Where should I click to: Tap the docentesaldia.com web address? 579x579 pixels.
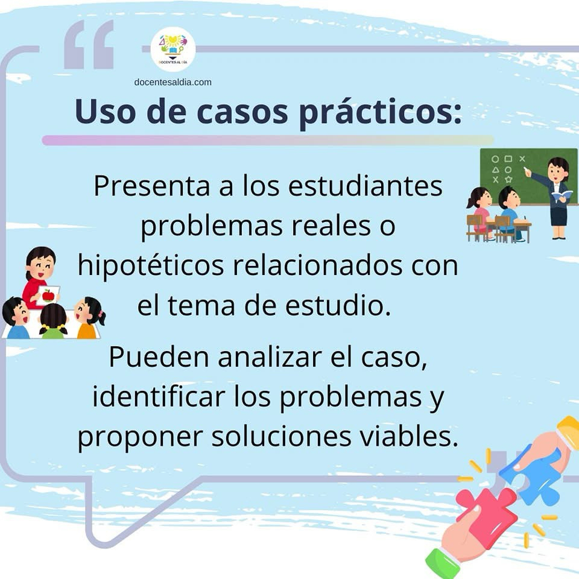coord(173,83)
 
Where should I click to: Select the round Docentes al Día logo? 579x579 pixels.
coord(173,49)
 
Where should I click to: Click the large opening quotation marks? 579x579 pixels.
coord(89,44)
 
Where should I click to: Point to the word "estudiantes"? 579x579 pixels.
coord(365,186)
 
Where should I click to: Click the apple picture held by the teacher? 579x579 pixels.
coord(48,296)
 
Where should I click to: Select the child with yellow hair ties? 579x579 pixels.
coord(54,321)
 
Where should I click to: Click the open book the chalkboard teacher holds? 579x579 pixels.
coord(562,195)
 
